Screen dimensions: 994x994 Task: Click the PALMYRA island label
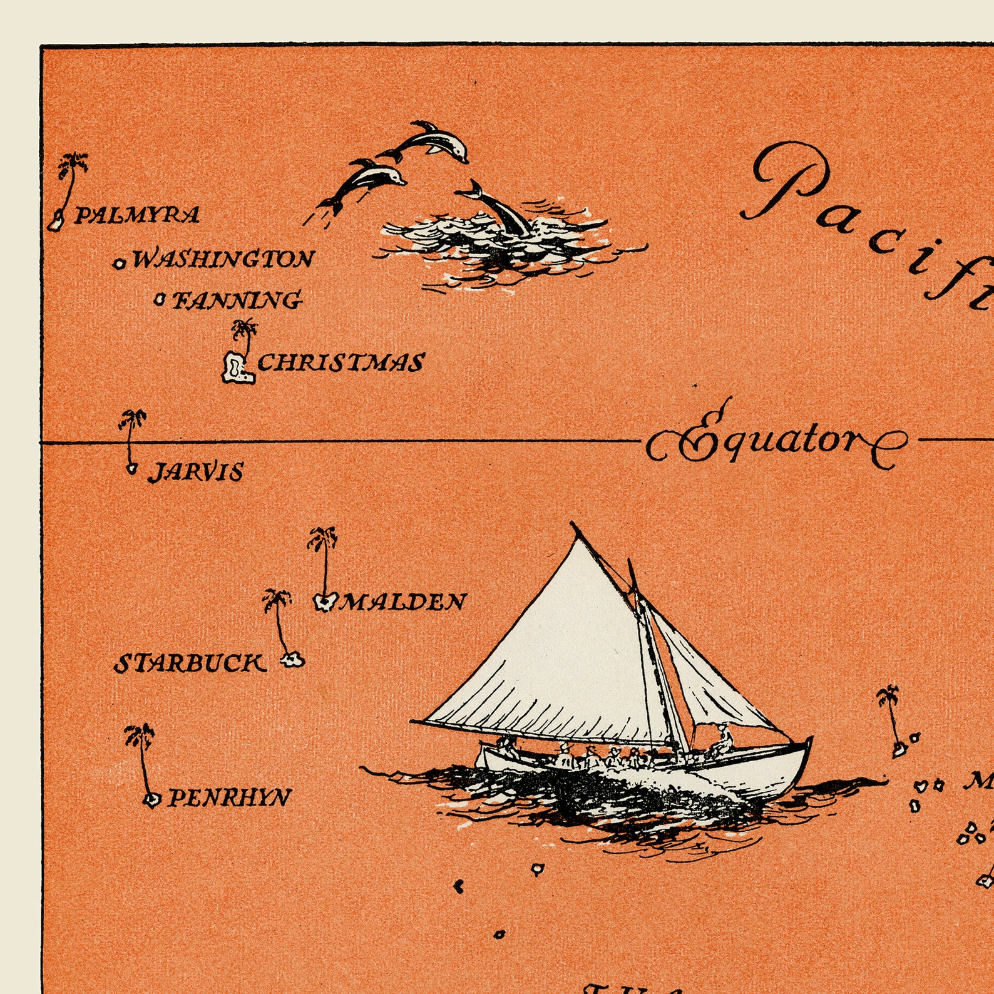(x=137, y=216)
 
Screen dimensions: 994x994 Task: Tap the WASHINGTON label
(x=223, y=259)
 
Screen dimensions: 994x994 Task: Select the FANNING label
(x=237, y=300)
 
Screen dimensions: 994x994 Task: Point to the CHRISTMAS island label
(x=341, y=363)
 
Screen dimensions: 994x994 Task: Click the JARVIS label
(x=196, y=473)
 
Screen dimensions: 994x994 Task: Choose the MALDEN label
(x=404, y=602)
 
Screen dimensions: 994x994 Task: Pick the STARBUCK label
(x=189, y=664)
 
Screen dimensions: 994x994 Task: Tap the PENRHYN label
(x=230, y=798)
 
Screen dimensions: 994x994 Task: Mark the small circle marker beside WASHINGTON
(x=120, y=263)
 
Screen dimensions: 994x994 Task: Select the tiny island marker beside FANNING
(x=160, y=301)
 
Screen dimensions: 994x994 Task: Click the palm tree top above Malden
(x=322, y=538)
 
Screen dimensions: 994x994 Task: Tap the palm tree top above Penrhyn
(x=139, y=735)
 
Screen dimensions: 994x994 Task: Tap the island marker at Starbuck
(x=292, y=659)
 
